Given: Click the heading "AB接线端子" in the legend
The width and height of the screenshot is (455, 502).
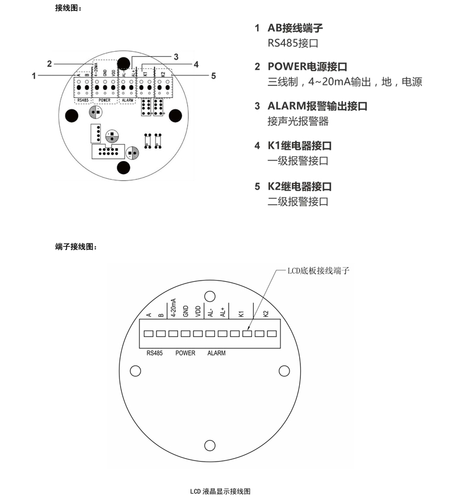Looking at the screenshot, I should pos(295,28).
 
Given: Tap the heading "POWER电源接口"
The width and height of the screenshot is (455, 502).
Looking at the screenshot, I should pos(308,67).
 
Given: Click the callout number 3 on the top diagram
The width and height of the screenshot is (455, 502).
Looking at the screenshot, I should pos(176,56).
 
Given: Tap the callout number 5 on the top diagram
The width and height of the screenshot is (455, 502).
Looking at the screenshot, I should pos(213,75).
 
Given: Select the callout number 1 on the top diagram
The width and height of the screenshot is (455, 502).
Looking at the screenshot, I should pos(35,75).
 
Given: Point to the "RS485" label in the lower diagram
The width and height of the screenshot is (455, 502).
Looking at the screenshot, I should pos(155,353).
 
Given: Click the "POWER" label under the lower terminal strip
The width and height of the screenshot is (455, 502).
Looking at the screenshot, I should pos(185,353).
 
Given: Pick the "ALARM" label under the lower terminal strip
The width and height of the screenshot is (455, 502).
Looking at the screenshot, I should pos(216,353).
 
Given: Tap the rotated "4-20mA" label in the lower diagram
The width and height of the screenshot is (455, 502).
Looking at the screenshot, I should pos(173,307).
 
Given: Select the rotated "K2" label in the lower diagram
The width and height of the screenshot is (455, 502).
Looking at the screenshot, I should pos(266,313).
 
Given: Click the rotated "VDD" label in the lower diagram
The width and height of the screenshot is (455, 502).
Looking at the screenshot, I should pos(197,312).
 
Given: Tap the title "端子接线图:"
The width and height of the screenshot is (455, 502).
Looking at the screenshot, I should pos(76,246).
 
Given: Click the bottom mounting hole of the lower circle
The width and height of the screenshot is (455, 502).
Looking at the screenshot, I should pos(209,445).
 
